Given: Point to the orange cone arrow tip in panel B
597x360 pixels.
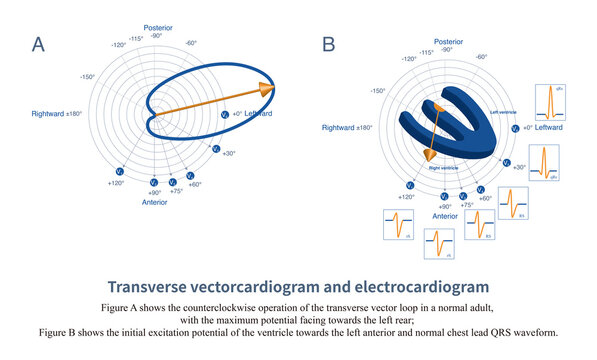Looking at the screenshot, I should [427, 153].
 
